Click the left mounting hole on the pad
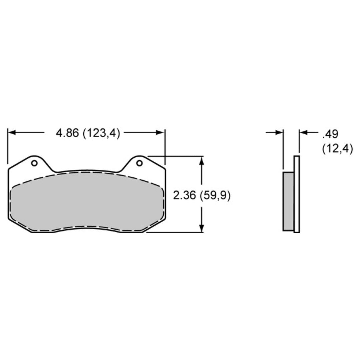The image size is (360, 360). (34, 163)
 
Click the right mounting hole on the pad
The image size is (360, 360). (139, 163)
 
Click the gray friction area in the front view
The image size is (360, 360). (87, 202)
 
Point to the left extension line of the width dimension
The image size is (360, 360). (8, 147)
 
